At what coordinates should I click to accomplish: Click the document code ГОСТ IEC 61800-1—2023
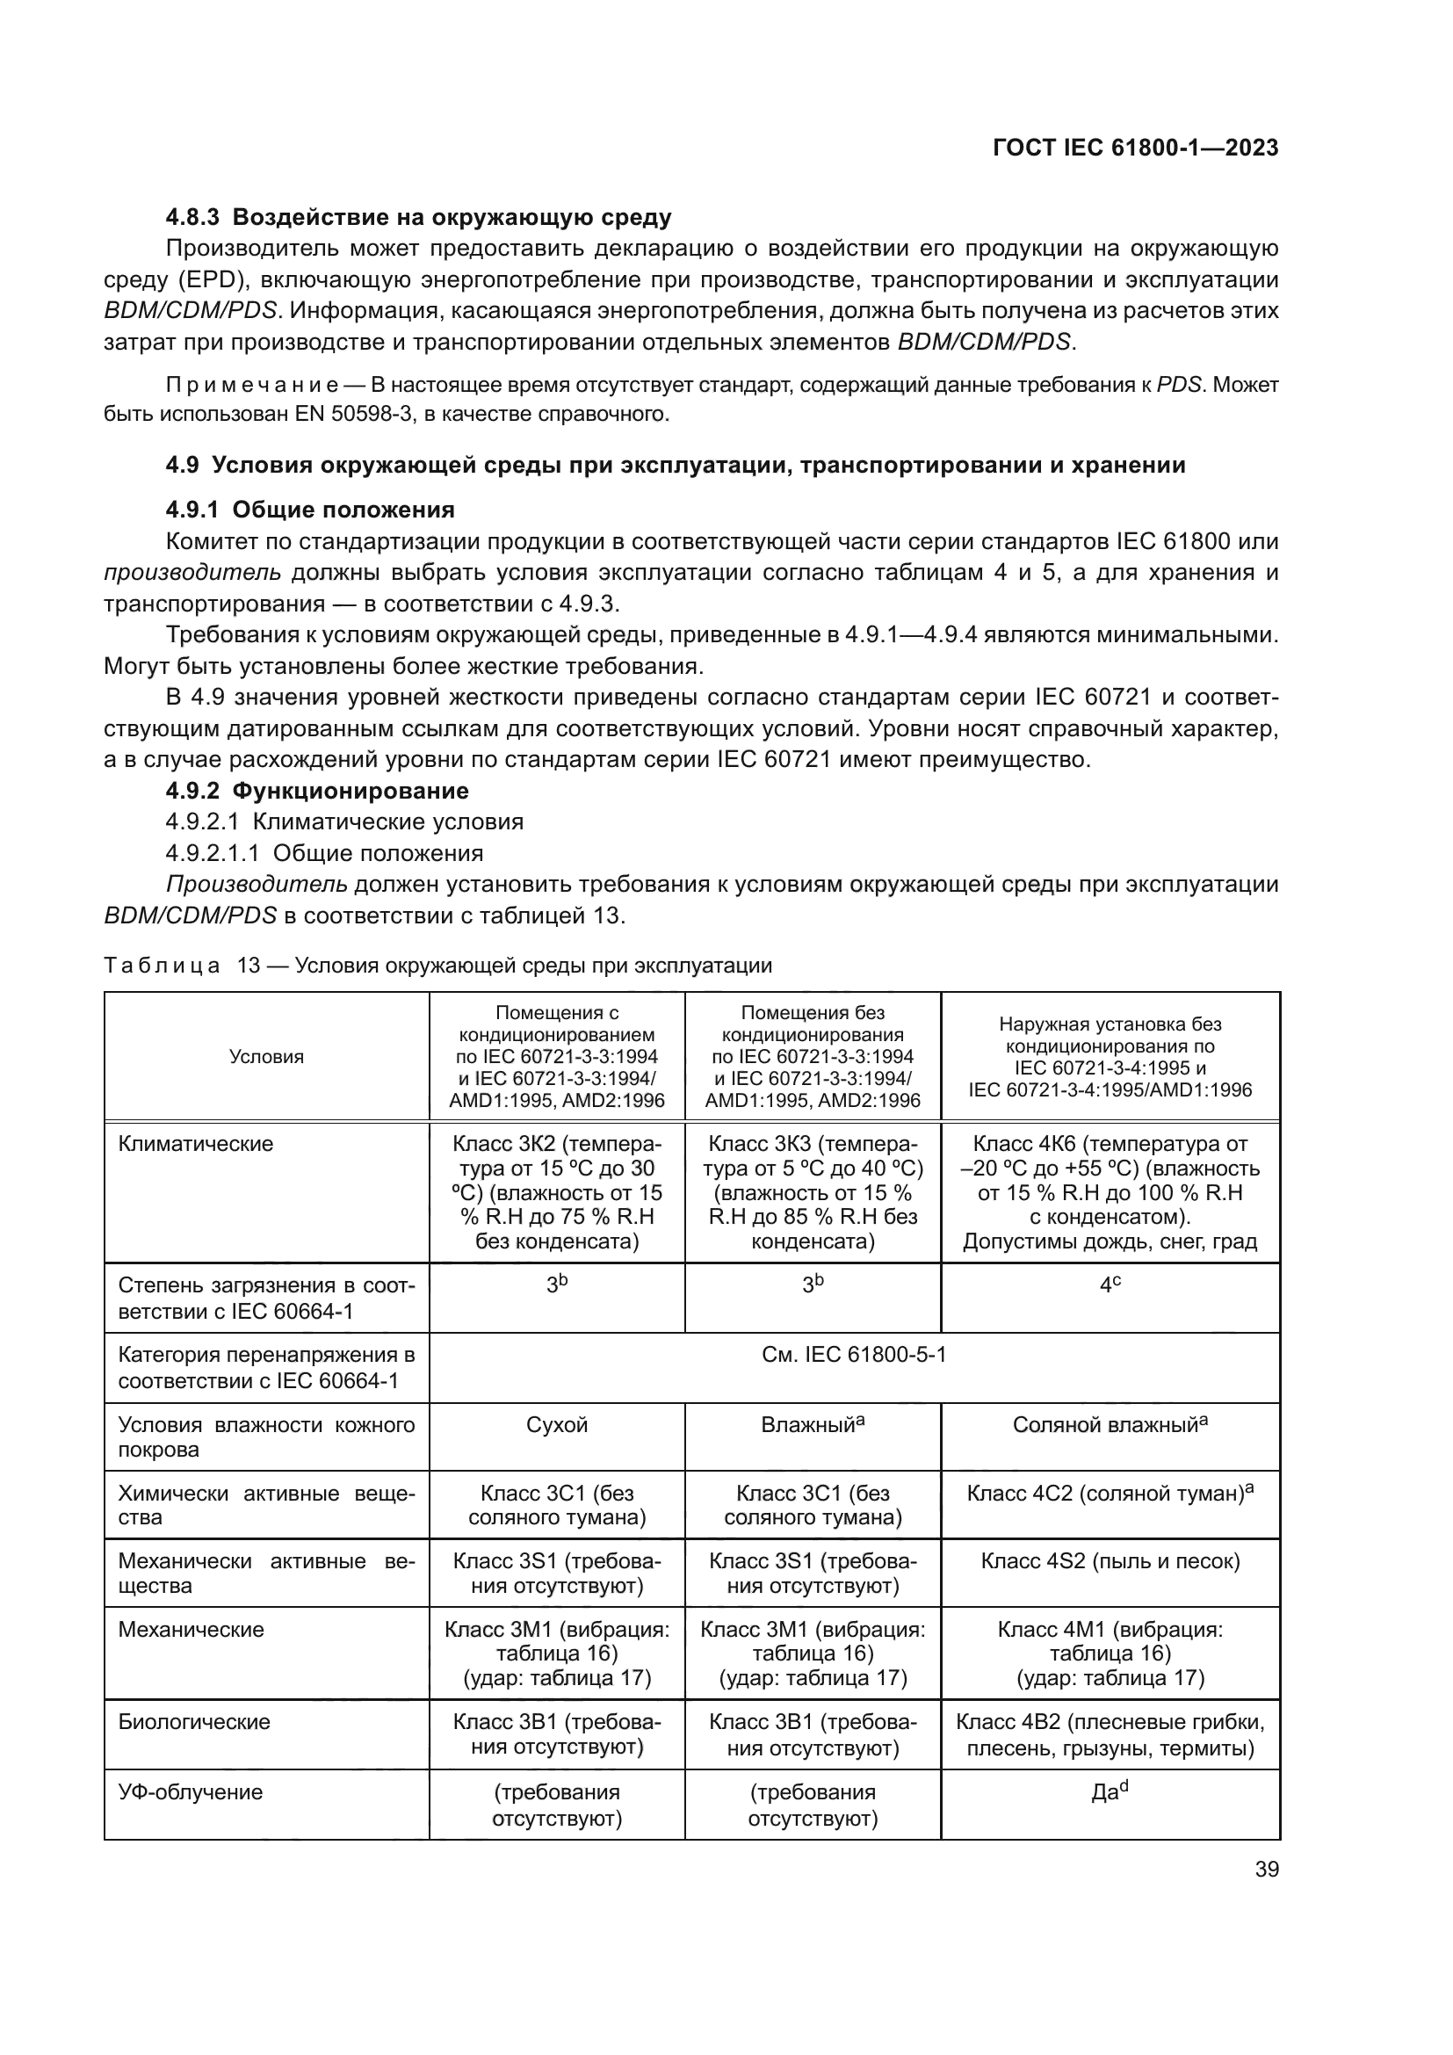click(x=1134, y=148)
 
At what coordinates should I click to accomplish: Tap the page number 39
click(x=1266, y=1869)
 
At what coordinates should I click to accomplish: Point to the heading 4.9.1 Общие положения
click(x=309, y=510)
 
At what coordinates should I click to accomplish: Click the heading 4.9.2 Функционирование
click(x=317, y=792)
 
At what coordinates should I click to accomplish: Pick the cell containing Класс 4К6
click(x=1110, y=1192)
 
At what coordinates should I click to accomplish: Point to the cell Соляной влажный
click(x=1110, y=1425)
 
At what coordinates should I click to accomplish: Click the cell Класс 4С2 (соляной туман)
click(x=1110, y=1494)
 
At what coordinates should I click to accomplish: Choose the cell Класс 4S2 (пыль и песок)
click(x=1110, y=1562)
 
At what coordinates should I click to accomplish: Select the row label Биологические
click(x=194, y=1722)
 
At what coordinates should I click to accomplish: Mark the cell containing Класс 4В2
click(x=1110, y=1734)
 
